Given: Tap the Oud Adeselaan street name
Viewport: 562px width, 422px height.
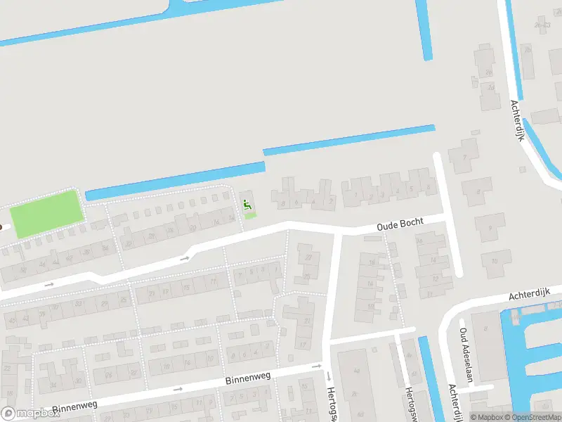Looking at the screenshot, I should point(465,354).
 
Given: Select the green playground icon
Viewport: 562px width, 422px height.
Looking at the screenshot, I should point(247,205).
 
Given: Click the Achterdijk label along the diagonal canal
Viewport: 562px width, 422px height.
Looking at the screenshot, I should point(518,120).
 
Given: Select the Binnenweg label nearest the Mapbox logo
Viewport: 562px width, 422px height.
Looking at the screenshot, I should point(74,407).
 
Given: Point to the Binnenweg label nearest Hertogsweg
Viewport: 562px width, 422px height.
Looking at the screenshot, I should point(249,379).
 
